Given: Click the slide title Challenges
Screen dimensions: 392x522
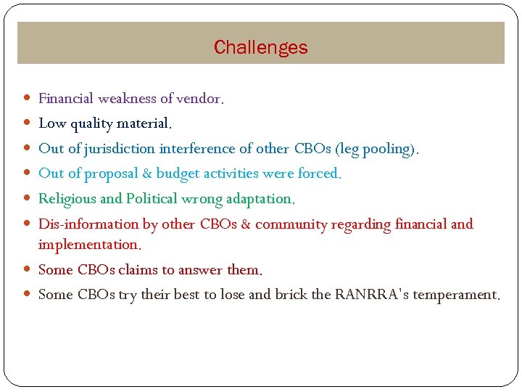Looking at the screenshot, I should (x=260, y=48).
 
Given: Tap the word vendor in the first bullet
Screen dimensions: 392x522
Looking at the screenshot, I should (x=199, y=98).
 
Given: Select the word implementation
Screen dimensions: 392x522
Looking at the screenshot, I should (x=88, y=245).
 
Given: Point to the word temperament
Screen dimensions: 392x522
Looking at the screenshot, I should (x=455, y=295).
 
